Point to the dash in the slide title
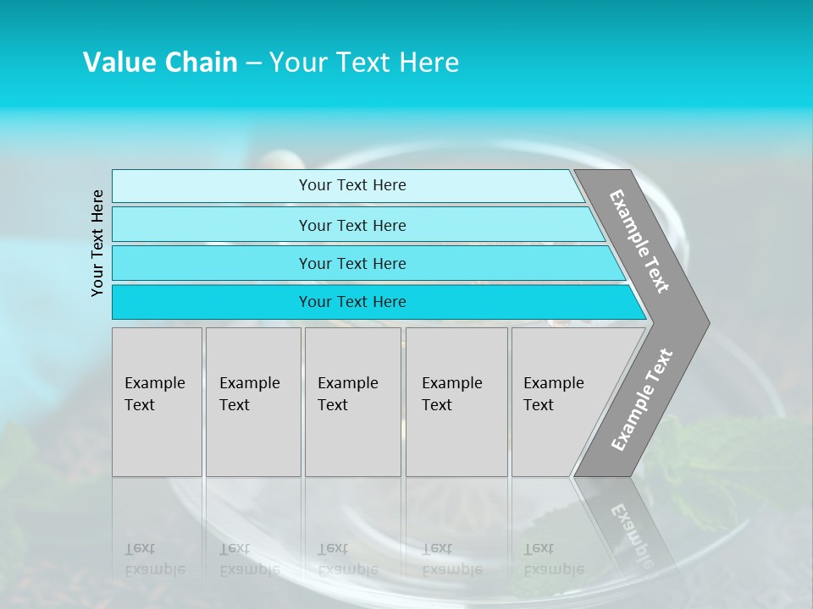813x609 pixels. [253, 63]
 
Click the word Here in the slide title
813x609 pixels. [428, 63]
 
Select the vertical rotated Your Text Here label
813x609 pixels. [97, 243]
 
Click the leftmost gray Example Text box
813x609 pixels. [157, 402]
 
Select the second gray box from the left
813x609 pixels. [253, 402]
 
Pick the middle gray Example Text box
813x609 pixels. [352, 402]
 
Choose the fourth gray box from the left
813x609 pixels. [456, 402]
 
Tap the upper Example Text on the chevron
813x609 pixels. [639, 241]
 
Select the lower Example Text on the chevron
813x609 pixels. [642, 399]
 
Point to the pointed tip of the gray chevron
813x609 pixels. [706, 323]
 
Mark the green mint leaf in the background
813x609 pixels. [728, 461]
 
